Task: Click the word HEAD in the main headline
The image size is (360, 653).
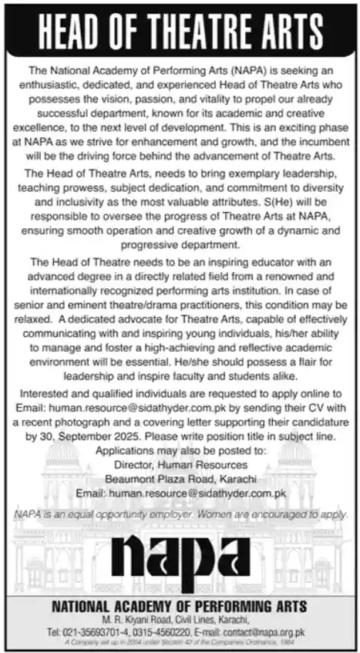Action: click(x=74, y=29)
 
